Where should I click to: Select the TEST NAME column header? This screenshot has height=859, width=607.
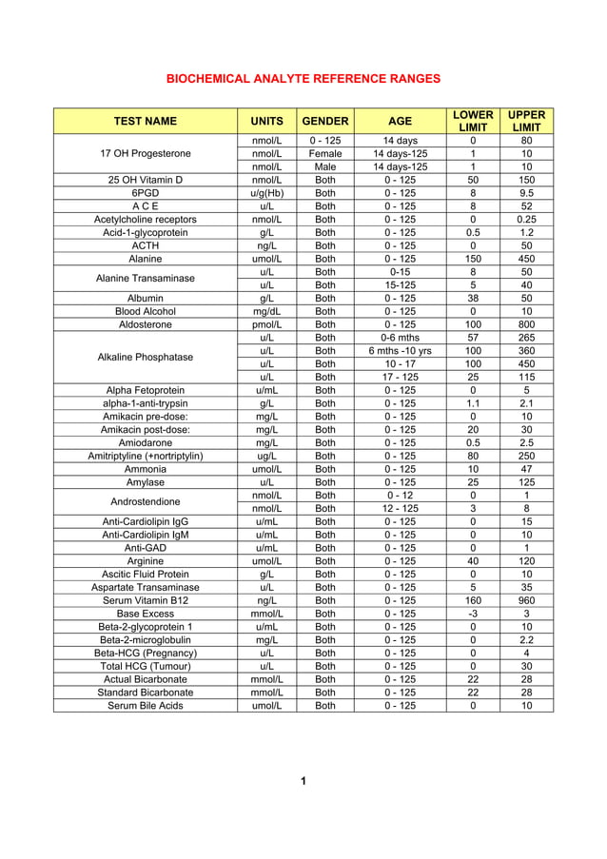pyautogui.click(x=146, y=122)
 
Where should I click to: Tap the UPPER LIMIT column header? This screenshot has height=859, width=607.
pyautogui.click(x=526, y=122)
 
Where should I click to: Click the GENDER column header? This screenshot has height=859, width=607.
pyautogui.click(x=324, y=122)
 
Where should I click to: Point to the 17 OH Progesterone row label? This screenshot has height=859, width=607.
pyautogui.click(x=146, y=153)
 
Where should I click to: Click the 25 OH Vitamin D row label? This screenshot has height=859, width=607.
pyautogui.click(x=146, y=180)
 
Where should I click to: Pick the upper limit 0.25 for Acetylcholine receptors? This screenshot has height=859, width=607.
pyautogui.click(x=526, y=219)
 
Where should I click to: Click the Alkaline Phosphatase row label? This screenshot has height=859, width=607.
pyautogui.click(x=146, y=357)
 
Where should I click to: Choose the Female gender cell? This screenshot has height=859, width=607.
pyautogui.click(x=324, y=153)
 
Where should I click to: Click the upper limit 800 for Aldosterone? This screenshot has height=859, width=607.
pyautogui.click(x=526, y=323)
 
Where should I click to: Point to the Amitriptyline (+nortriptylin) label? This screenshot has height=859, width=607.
pyautogui.click(x=146, y=456)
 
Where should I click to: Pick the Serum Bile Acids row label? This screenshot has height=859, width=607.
pyautogui.click(x=146, y=705)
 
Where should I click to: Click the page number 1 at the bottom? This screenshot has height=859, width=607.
pyautogui.click(x=303, y=781)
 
